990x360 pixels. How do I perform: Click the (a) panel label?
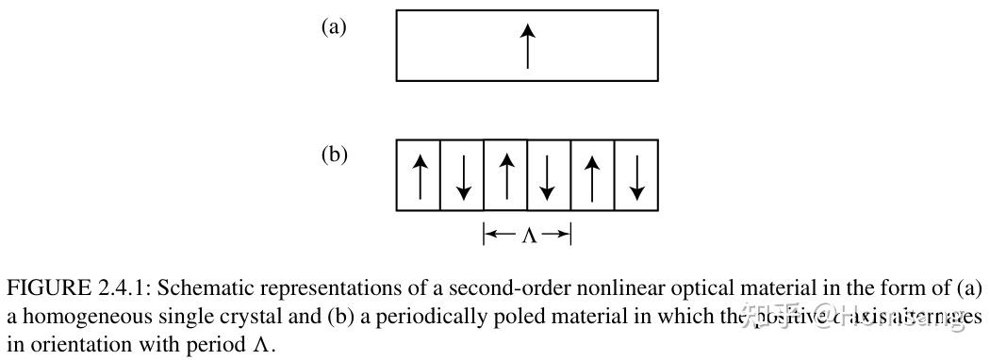click(334, 26)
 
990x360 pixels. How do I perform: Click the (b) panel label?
click(334, 155)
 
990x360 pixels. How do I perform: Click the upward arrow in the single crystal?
click(527, 46)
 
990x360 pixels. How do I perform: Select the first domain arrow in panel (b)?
click(420, 176)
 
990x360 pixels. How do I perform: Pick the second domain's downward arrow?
click(462, 176)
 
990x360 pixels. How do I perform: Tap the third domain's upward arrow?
click(506, 176)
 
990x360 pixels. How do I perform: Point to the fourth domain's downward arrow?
click(550, 176)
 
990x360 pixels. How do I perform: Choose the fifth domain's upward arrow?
click(593, 176)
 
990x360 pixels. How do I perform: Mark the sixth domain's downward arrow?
click(636, 176)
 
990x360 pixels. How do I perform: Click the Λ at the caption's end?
click(261, 345)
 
